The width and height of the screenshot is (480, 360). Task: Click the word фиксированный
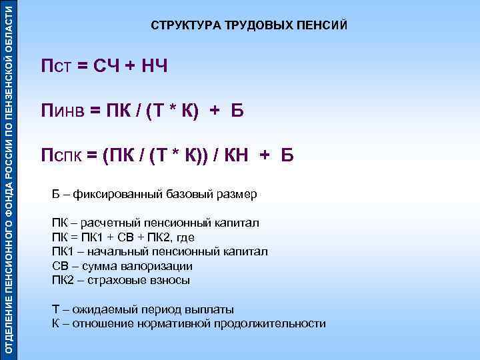(112, 194)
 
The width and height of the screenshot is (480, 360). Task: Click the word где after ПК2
(187, 237)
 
